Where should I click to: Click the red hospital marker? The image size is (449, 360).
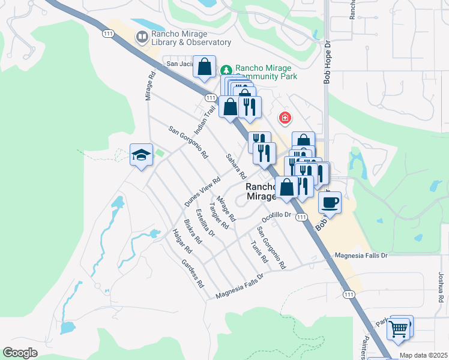285,118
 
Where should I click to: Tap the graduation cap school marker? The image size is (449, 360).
141,155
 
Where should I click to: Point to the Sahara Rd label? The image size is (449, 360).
236,167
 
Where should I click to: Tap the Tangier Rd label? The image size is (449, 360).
219,217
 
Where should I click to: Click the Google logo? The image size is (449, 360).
20,352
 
